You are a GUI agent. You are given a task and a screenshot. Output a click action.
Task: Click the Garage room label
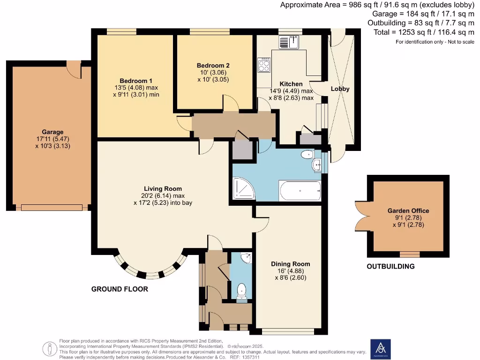52,132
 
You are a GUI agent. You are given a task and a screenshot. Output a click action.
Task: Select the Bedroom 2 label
213,66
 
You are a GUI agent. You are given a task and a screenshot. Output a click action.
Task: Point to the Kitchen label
291,84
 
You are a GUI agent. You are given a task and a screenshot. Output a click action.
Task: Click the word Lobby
340,89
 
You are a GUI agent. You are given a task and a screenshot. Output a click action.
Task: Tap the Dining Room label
290,264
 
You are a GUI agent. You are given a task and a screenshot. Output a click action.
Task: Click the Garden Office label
408,211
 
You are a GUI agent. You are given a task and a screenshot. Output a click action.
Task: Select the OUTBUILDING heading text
391,266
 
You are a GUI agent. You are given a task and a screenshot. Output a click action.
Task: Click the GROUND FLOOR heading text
120,289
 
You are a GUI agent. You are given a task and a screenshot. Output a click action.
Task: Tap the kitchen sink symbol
289,43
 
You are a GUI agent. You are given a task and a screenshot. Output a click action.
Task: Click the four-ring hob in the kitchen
264,65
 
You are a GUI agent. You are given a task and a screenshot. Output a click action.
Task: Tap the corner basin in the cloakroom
247,258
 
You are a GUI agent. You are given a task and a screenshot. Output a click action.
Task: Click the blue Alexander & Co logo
380,349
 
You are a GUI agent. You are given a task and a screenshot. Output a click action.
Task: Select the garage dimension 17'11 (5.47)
52,139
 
